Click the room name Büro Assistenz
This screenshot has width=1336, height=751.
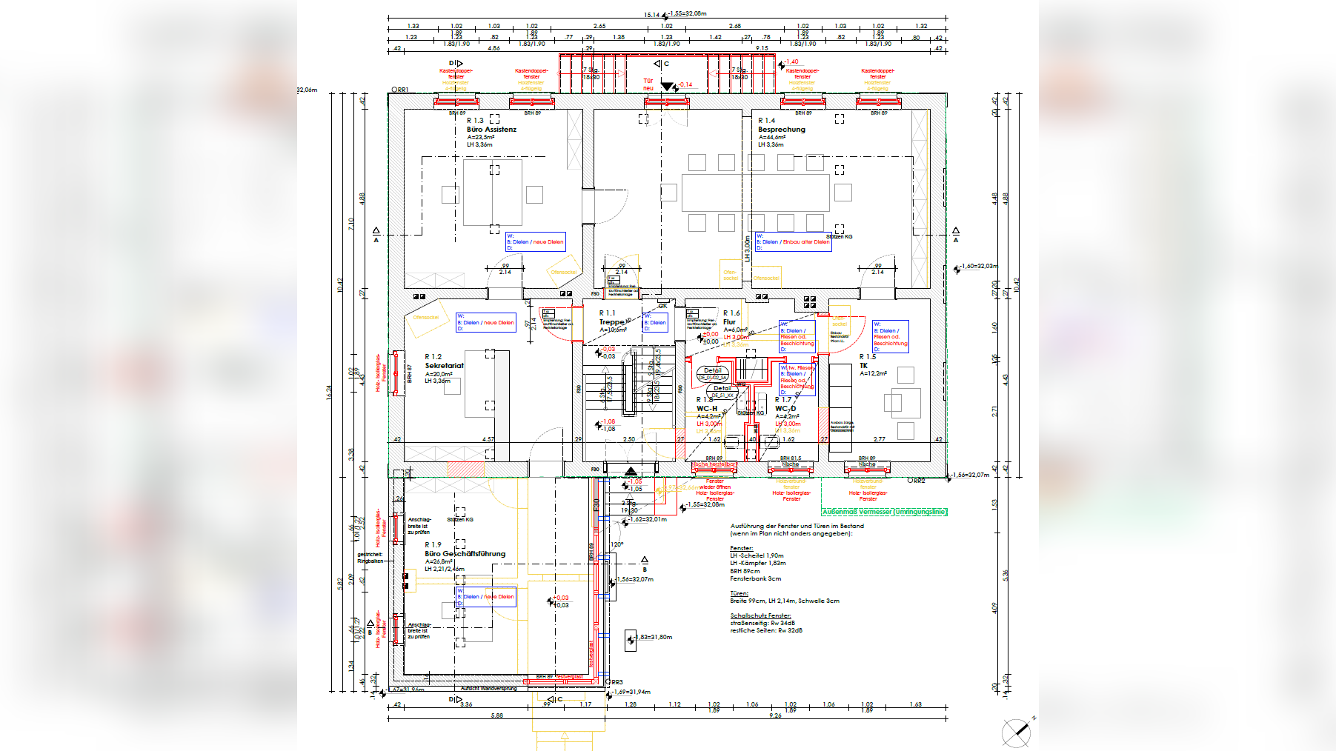[x=491, y=130]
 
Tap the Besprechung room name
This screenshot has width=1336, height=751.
[x=781, y=130]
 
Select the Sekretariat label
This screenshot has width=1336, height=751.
[x=444, y=366]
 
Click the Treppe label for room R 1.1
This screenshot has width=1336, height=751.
[x=611, y=322]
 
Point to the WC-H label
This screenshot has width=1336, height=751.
[x=706, y=409]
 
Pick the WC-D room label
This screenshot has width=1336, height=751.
[x=785, y=409]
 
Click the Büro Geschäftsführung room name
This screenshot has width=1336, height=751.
[x=465, y=554]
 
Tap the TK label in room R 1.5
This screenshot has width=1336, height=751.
[x=863, y=366]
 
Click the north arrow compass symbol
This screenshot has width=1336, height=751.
[x=1016, y=732]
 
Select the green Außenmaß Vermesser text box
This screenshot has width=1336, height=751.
[x=884, y=512]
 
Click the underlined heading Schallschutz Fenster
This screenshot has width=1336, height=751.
[x=760, y=615]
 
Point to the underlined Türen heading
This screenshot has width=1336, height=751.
[x=739, y=593]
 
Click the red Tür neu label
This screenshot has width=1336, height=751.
[x=648, y=84]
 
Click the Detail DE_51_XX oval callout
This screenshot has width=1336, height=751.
[x=722, y=391]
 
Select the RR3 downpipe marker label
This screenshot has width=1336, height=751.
[x=617, y=682]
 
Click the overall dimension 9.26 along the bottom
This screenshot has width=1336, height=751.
[x=775, y=715]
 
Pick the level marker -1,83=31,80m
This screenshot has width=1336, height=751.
[x=653, y=637]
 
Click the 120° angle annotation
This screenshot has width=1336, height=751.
[x=616, y=544]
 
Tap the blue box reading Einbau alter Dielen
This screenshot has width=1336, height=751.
[x=792, y=242]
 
